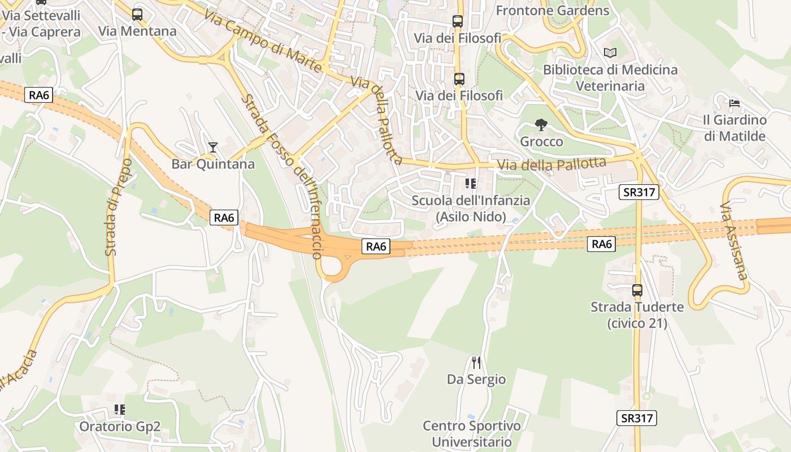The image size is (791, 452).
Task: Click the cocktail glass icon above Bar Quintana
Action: pos(212,147)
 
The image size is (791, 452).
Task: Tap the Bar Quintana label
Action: pos(213,164)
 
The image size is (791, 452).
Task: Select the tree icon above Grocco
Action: pos(541,125)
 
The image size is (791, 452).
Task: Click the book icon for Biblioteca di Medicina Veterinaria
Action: pos(610,53)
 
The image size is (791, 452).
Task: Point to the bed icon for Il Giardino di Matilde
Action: pos(734,103)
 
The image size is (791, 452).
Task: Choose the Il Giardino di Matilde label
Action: pos(734,128)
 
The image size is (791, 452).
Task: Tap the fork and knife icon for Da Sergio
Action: pos(476,362)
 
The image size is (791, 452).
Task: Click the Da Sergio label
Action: pos(476,379)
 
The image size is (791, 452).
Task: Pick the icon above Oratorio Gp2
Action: pos(120,410)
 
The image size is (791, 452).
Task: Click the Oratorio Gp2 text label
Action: pos(120,427)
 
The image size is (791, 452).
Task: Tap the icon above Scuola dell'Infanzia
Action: pos(470,184)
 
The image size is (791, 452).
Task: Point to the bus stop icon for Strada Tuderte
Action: pos(637,290)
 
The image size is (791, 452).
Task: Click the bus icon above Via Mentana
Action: pos(137,15)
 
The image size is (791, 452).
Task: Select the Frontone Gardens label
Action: pos(553,10)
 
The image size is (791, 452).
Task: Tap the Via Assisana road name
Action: pos(734,241)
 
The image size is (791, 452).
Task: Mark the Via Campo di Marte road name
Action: pos(262,42)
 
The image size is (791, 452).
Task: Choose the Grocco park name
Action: pos(541,141)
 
